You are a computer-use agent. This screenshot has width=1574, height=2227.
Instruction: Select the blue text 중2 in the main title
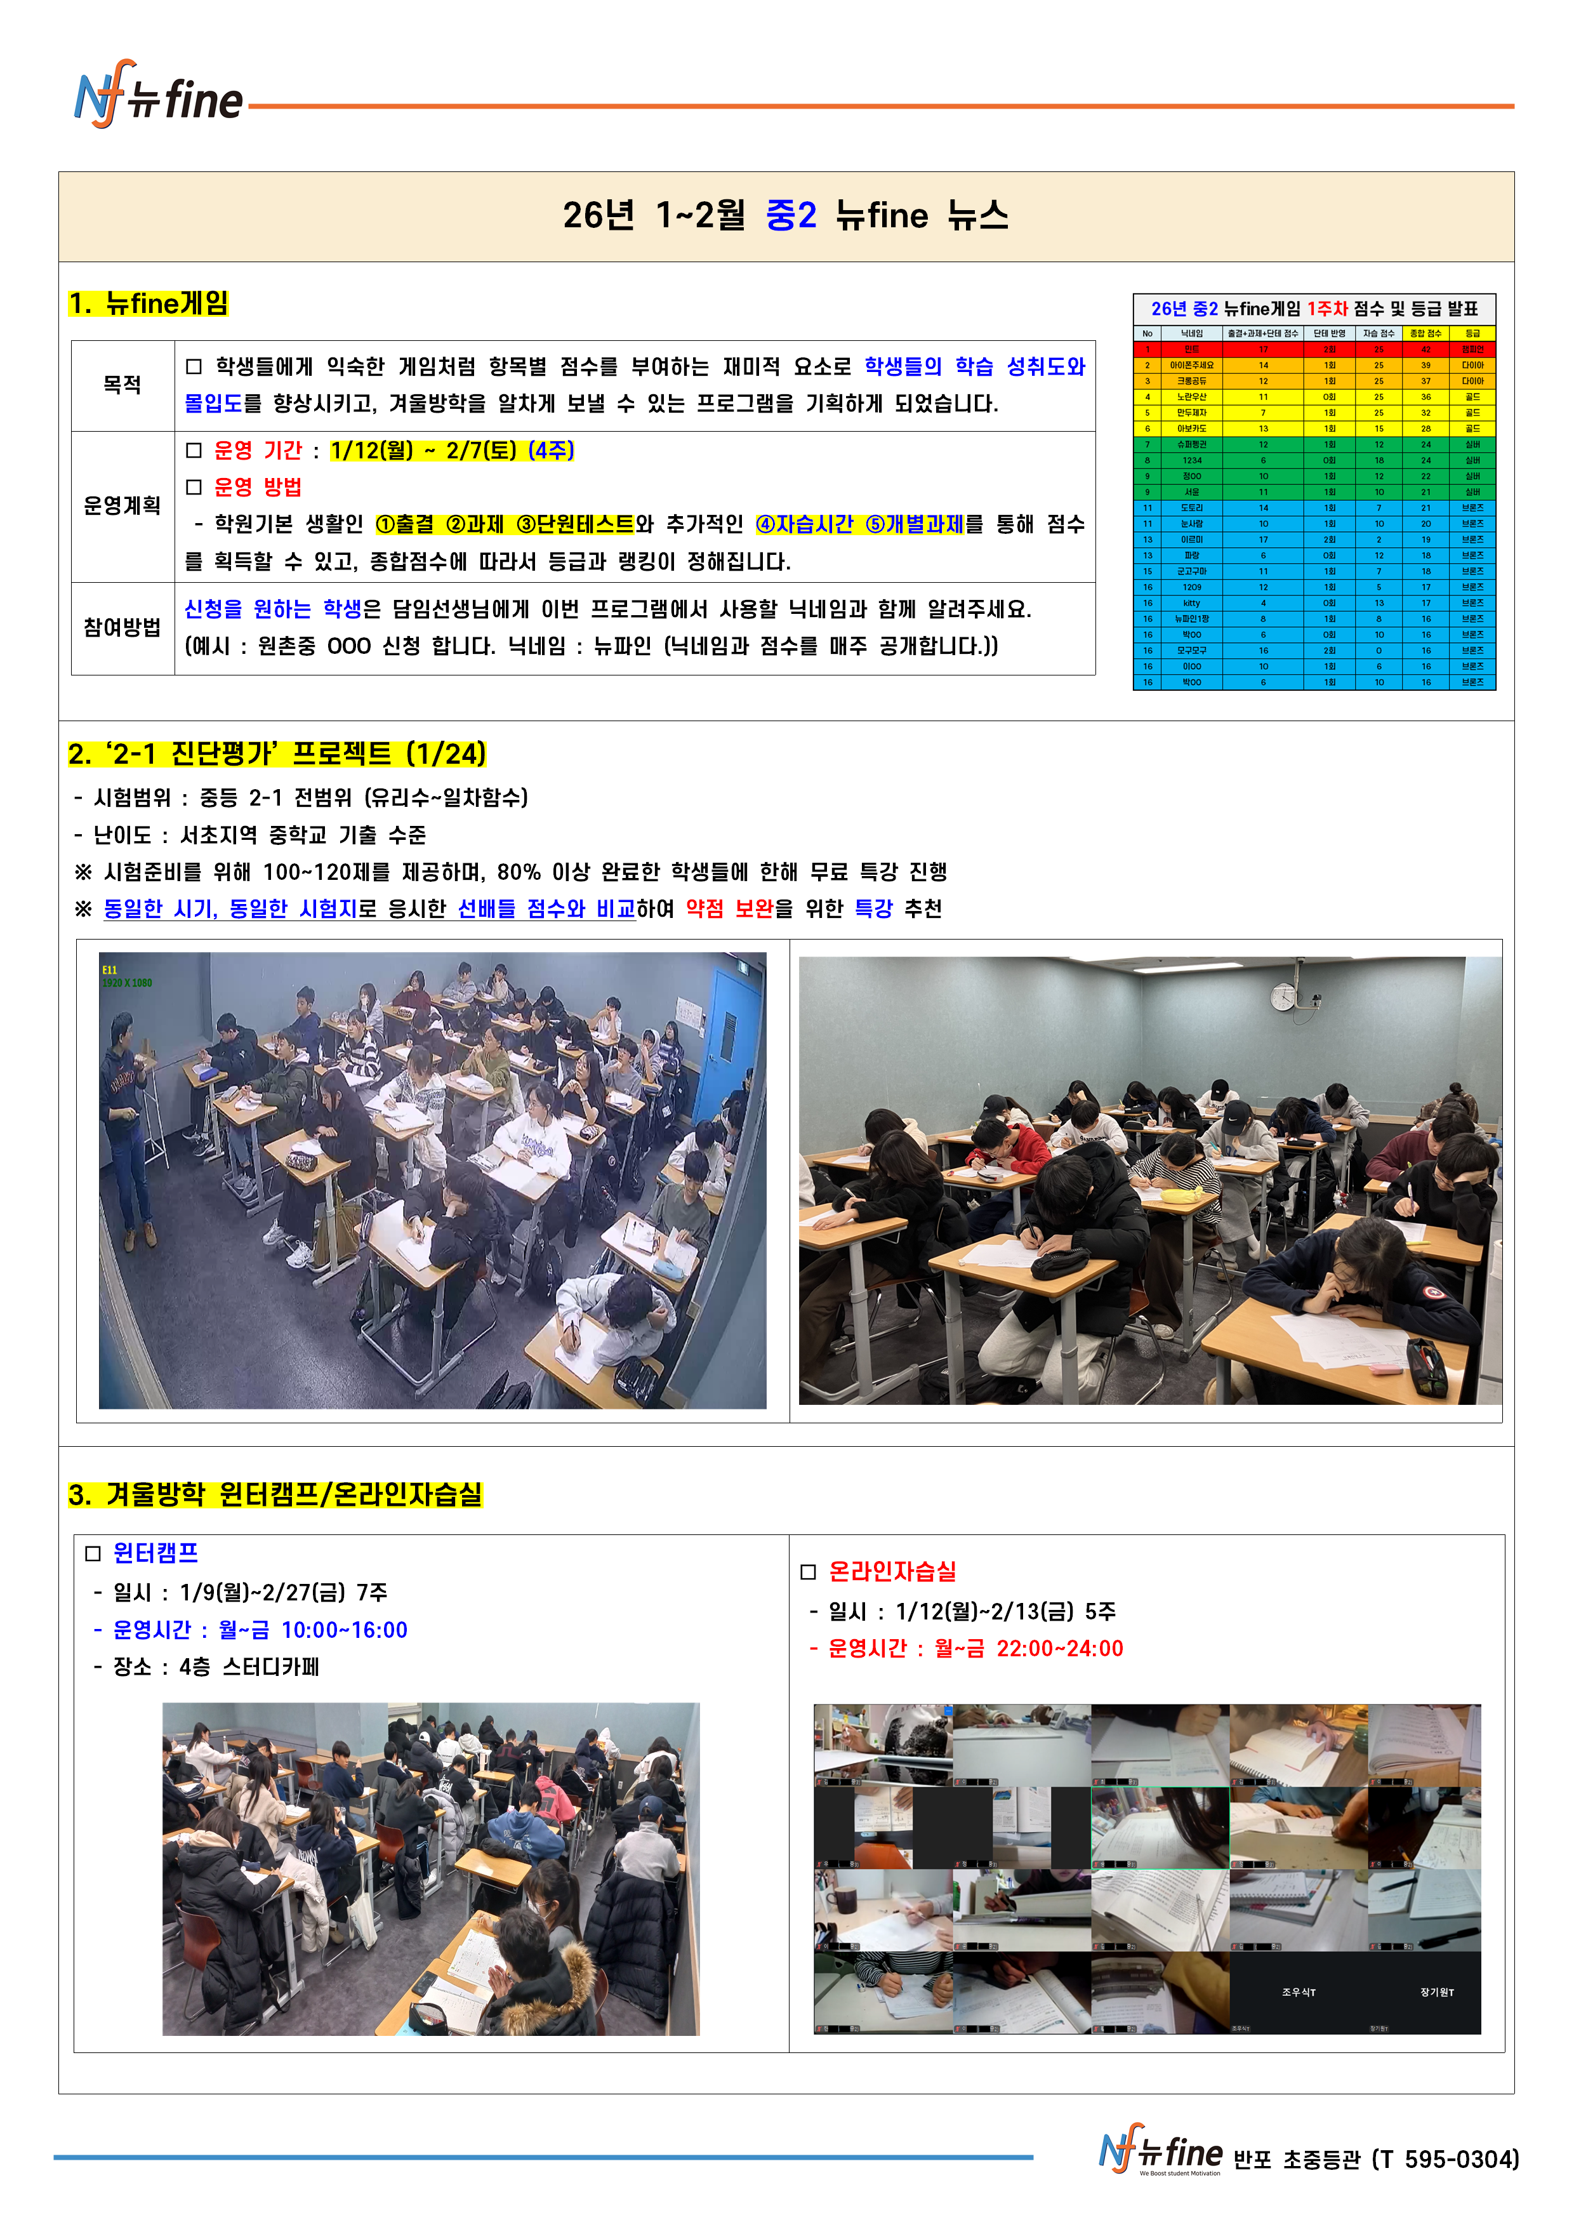pyautogui.click(x=790, y=215)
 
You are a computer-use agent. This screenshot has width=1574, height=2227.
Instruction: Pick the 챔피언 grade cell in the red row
pyautogui.click(x=1472, y=349)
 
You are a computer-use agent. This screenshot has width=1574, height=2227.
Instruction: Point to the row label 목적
pyautogui.click(x=122, y=385)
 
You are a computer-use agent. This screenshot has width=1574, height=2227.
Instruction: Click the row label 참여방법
pyautogui.click(x=122, y=628)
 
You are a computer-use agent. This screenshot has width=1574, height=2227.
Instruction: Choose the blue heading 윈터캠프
pyautogui.click(x=155, y=1553)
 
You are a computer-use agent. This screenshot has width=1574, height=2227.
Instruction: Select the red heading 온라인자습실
pyautogui.click(x=892, y=1571)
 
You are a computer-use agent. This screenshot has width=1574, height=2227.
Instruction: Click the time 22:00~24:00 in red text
pyautogui.click(x=1059, y=1648)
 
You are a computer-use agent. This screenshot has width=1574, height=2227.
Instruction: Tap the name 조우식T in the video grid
pyautogui.click(x=1298, y=1992)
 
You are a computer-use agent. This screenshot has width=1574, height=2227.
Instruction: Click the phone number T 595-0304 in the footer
pyautogui.click(x=1445, y=2159)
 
